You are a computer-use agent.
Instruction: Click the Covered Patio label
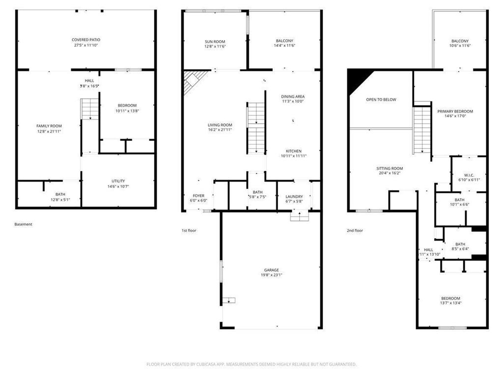pyautogui.click(x=86, y=40)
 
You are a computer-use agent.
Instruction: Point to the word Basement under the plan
pyautogui.click(x=23, y=224)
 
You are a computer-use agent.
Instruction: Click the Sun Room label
pyautogui.click(x=215, y=41)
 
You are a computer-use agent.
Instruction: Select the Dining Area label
pyautogui.click(x=293, y=96)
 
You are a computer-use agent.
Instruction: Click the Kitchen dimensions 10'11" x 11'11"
pyautogui.click(x=294, y=156)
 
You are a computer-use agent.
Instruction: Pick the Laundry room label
pyautogui.click(x=294, y=196)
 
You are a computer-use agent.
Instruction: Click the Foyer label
pyautogui.click(x=198, y=196)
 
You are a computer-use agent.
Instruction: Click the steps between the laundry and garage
pyautogui.click(x=299, y=215)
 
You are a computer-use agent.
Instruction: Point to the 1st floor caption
pyautogui.click(x=189, y=230)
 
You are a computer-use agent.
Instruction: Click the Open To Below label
pyautogui.click(x=381, y=100)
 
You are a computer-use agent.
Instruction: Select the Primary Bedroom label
pyautogui.click(x=455, y=111)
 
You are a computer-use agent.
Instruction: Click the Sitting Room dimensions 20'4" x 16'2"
pyautogui.click(x=390, y=173)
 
